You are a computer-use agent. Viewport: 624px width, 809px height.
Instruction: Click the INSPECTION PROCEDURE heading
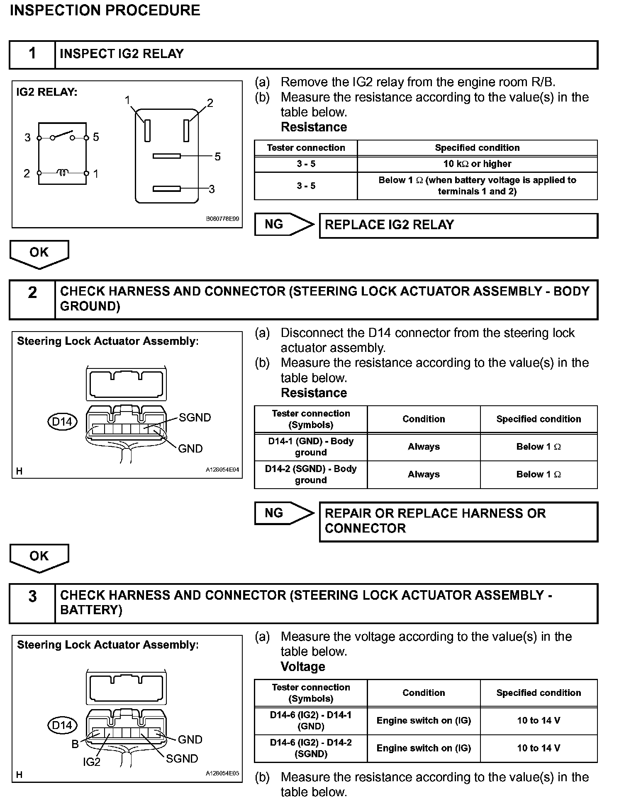coord(105,10)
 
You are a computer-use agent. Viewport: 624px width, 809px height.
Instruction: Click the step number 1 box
coord(32,54)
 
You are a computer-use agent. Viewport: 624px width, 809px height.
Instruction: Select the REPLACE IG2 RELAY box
coord(458,225)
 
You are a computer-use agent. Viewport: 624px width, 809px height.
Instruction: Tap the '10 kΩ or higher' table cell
coord(477,164)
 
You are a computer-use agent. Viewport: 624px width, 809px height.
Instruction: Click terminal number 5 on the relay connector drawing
coord(217,157)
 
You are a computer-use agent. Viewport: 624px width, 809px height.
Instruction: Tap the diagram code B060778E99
coord(222,219)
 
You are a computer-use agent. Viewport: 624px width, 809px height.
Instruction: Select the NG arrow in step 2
coord(284,513)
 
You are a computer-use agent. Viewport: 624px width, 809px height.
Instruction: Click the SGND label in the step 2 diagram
coord(195,417)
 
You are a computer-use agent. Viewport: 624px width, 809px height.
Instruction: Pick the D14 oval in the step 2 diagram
coord(62,422)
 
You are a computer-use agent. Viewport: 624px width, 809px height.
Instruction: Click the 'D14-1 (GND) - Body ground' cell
coord(311,447)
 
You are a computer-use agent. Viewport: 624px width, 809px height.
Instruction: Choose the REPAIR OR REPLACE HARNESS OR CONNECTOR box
coord(458,521)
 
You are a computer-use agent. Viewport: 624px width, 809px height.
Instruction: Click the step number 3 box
coord(32,603)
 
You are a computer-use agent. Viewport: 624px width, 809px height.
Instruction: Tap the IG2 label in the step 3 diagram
coord(91,762)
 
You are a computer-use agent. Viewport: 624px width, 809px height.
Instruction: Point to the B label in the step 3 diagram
coord(75,744)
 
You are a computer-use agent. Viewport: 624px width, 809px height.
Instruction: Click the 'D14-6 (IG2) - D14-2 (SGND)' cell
coord(311,748)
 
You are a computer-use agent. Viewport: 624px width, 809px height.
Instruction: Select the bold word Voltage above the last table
coord(303,667)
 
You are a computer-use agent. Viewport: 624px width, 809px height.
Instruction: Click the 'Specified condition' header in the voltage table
coord(539,693)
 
